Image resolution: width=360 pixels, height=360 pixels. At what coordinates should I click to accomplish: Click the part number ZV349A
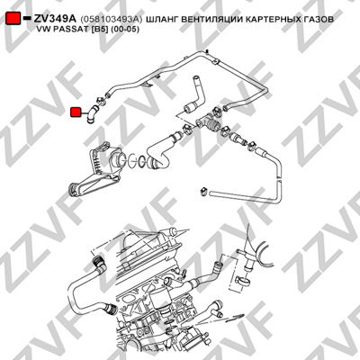[x=55, y=19]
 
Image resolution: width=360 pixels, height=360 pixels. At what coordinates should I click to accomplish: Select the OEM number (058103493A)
[x=111, y=19]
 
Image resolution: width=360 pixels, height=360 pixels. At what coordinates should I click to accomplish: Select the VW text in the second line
[x=42, y=30]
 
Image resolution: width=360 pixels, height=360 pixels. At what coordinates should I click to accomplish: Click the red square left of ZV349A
[x=13, y=19]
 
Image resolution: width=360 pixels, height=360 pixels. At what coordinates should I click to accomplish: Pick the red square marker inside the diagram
[x=76, y=112]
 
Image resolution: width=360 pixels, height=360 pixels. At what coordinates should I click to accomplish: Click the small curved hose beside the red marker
[x=91, y=114]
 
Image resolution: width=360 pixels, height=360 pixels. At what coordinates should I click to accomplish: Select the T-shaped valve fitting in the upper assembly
[x=207, y=122]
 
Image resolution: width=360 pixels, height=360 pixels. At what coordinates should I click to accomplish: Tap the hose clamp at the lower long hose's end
[x=205, y=191]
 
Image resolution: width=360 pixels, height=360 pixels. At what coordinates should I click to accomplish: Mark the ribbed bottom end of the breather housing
[x=74, y=190]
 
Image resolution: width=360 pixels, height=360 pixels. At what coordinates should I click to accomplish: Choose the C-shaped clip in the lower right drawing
[x=244, y=281]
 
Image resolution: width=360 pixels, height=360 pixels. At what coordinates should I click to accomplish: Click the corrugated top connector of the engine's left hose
[x=98, y=262]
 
